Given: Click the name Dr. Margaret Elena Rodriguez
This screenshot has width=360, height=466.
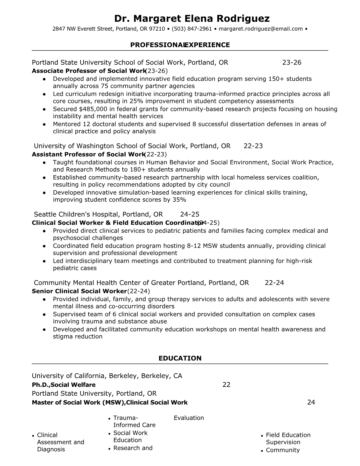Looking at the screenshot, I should click(192, 19).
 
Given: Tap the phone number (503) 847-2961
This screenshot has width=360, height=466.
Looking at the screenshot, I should click(192, 29).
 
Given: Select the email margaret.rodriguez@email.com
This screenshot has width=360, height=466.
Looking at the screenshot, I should click(261, 29).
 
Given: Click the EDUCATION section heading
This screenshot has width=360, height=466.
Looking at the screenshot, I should click(180, 358).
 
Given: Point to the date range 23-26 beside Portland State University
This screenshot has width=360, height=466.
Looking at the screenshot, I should click(292, 62).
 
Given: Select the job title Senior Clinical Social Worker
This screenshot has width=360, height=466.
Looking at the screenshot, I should click(79, 291).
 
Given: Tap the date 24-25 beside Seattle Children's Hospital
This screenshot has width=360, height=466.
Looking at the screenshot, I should click(190, 214).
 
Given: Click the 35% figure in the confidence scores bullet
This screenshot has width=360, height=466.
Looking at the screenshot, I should click(179, 200).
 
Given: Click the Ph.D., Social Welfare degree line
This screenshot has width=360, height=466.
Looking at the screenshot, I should click(64, 385).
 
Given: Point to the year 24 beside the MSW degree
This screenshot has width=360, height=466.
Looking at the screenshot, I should click(311, 402).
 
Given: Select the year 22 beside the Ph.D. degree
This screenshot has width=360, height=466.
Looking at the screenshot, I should click(226, 385).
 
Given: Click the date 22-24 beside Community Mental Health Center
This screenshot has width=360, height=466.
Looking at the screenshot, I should click(274, 283).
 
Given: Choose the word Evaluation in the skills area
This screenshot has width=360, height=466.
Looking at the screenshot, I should click(189, 418).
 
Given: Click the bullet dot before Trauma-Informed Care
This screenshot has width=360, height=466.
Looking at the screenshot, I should click(109, 418).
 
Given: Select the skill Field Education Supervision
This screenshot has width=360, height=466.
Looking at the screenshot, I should click(288, 439).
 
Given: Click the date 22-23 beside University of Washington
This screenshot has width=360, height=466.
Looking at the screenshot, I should click(253, 146).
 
